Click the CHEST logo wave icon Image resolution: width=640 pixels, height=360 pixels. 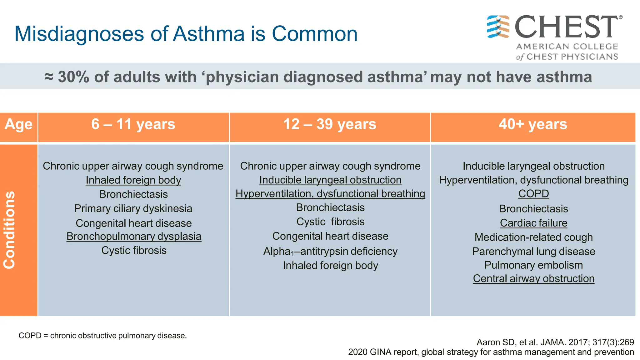pyautogui.click(x=498, y=27)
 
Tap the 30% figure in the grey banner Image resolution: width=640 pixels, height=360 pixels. pyautogui.click(x=73, y=77)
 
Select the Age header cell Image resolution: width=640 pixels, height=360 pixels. pyautogui.click(x=18, y=124)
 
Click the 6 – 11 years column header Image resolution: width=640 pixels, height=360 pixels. pyautogui.click(x=133, y=124)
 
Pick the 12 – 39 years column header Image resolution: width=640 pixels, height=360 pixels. pyautogui.click(x=330, y=124)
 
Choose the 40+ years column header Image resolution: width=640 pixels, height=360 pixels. pyautogui.click(x=533, y=124)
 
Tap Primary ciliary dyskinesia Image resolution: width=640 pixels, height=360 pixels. pyautogui.click(x=133, y=208)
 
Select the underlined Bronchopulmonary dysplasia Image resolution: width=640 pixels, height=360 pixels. pyautogui.click(x=134, y=237)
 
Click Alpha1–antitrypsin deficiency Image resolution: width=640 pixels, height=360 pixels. pyautogui.click(x=330, y=251)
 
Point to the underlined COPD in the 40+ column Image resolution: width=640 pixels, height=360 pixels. pyautogui.click(x=533, y=194)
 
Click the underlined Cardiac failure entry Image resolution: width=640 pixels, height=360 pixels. pyautogui.click(x=533, y=223)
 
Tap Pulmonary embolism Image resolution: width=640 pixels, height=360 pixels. pyautogui.click(x=533, y=265)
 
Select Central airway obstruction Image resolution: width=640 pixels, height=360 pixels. pyautogui.click(x=533, y=278)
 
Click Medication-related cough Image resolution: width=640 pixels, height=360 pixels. pyautogui.click(x=533, y=237)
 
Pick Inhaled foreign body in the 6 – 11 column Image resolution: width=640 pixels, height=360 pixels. pyautogui.click(x=133, y=180)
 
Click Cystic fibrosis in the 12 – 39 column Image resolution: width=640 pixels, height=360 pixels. pyautogui.click(x=330, y=222)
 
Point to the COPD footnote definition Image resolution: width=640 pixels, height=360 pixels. pyautogui.click(x=102, y=336)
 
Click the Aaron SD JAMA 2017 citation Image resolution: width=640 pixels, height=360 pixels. pyautogui.click(x=555, y=342)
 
